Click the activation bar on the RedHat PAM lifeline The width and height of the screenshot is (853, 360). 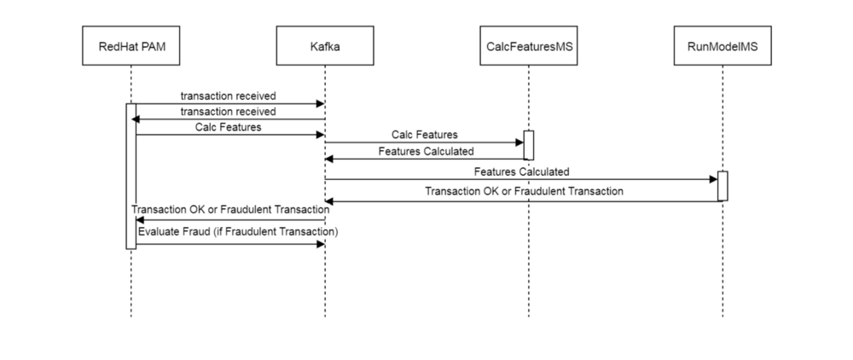tap(131, 176)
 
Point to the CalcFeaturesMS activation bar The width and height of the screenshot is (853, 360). tap(528, 145)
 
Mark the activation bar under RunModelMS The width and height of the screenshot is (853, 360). tap(722, 186)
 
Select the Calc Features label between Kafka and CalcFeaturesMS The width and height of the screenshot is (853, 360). tap(425, 134)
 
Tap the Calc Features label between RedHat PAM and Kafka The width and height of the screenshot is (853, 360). tap(229, 126)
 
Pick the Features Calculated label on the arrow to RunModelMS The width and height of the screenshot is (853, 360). tap(522, 171)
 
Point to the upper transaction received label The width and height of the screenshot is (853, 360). tap(229, 96)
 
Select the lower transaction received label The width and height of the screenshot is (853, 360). tap(229, 111)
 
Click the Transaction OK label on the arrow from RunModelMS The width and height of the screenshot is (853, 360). tap(524, 191)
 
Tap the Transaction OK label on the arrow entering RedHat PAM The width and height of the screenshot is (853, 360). tap(230, 210)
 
